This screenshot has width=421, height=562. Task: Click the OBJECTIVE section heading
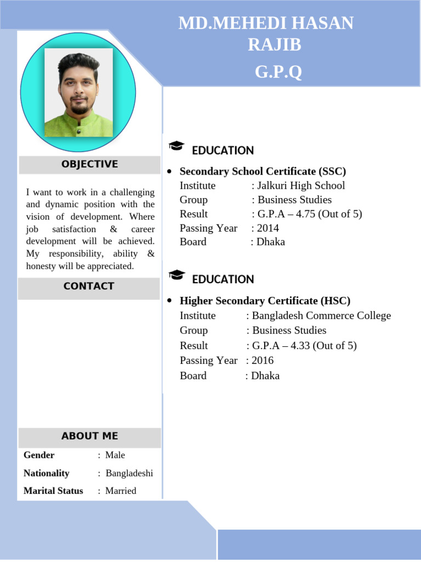89,164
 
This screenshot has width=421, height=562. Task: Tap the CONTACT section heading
89,286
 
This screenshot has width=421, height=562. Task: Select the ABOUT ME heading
89,436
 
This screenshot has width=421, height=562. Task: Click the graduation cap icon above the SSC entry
177,146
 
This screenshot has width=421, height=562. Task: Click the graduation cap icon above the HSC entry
177,275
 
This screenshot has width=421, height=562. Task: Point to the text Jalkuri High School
301,186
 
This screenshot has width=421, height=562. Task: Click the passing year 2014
268,228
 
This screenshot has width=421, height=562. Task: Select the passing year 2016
263,360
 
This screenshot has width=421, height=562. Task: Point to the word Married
121,491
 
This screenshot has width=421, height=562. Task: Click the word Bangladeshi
129,473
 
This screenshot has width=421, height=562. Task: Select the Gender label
39,455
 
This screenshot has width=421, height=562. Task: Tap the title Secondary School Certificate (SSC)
263,171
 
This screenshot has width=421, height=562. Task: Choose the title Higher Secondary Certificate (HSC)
265,301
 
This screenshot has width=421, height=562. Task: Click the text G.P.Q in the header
278,72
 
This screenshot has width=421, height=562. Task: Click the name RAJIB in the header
274,45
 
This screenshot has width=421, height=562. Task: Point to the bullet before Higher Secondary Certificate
169,301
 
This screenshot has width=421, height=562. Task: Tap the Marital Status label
53,491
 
